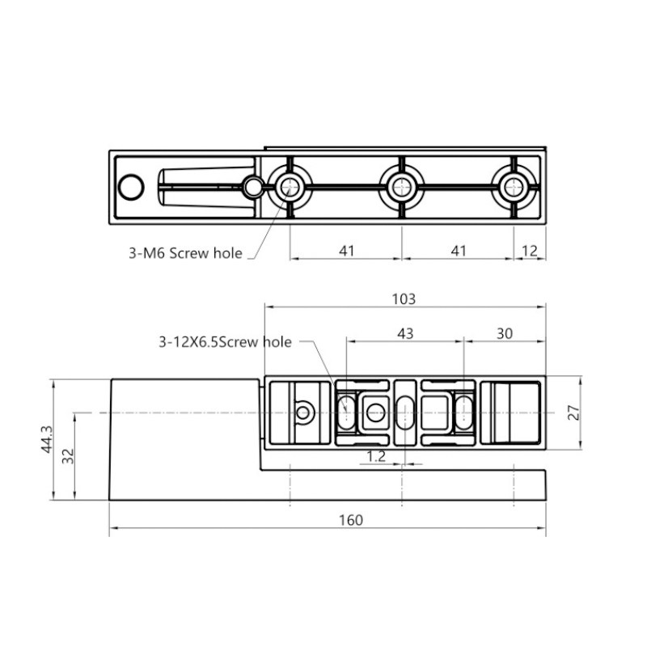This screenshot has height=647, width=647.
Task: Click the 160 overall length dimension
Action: [351, 520]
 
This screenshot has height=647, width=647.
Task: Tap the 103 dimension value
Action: [404, 298]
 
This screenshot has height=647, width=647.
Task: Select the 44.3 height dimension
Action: [47, 439]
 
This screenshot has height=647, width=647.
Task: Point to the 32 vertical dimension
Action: [68, 456]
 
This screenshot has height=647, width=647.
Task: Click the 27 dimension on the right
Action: [574, 412]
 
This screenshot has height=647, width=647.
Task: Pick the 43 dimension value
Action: [405, 333]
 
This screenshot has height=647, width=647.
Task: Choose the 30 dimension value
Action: [504, 333]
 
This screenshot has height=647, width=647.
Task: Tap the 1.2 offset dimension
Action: [376, 456]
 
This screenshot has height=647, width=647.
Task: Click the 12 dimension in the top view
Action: [530, 251]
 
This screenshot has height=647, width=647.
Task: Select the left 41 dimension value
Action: [347, 251]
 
